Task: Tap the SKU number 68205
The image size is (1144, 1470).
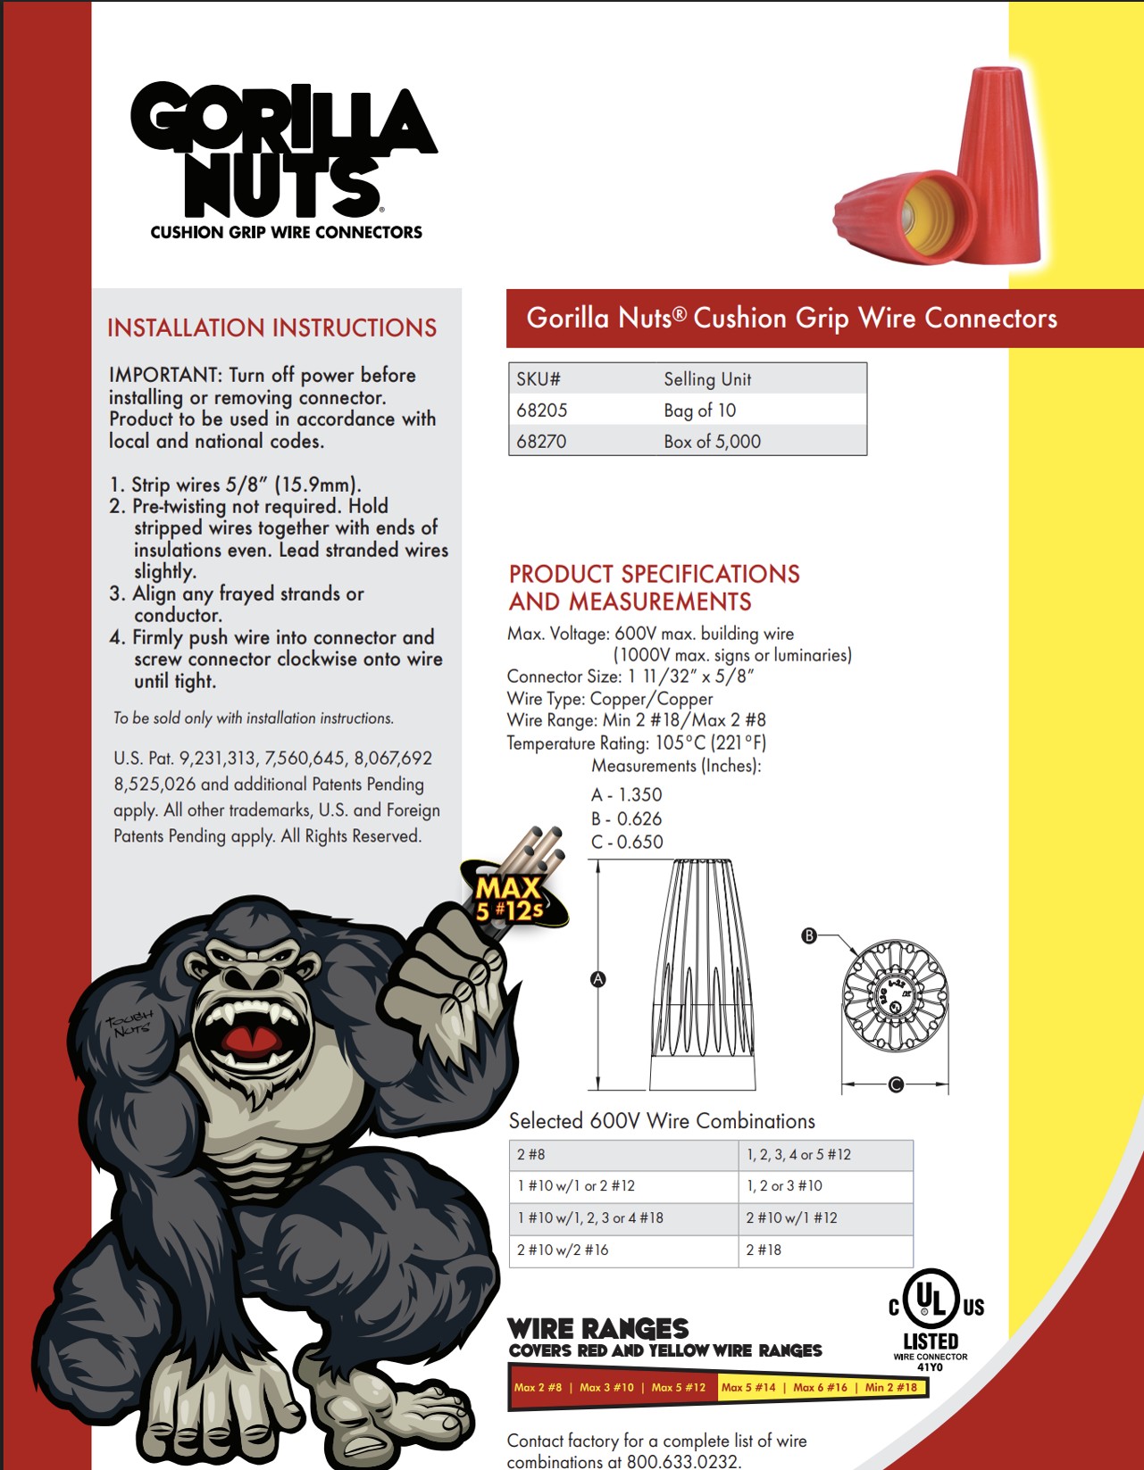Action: pos(542,411)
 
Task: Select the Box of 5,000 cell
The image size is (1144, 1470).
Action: pos(712,442)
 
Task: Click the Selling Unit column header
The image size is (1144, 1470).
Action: pos(707,379)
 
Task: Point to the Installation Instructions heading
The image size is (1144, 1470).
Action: pos(271,328)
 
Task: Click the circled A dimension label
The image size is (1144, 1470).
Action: pos(598,979)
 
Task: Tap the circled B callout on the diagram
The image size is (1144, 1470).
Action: pos(809,935)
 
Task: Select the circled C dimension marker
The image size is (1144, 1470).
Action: pos(896,1084)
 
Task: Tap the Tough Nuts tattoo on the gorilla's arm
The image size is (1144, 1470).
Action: pos(130,1024)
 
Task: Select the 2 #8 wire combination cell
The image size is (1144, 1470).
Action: pos(531,1155)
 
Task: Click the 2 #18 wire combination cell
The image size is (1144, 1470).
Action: pos(764,1250)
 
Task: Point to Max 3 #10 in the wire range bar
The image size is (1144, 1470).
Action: pos(606,1388)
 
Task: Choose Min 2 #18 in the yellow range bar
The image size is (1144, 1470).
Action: pos(890,1388)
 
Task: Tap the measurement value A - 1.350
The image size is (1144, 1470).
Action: pos(627,795)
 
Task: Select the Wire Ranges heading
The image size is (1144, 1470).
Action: pos(597,1329)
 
